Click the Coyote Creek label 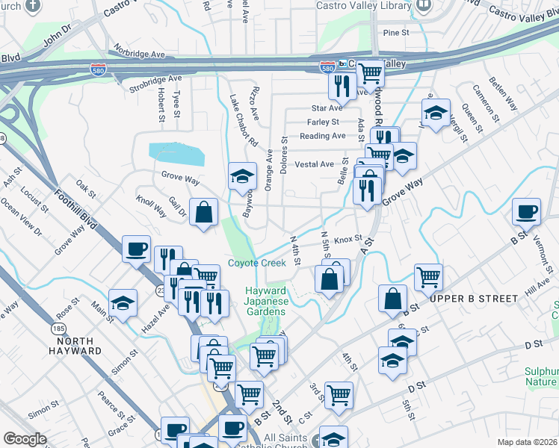(257, 263)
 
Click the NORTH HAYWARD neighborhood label (75, 345)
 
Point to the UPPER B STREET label (474, 298)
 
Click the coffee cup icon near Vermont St (526, 211)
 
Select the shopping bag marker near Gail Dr (203, 212)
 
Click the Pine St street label (396, 33)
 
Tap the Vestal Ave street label (315, 164)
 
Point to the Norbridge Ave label (140, 55)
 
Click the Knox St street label (348, 240)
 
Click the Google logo (25, 438)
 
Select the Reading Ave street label (322, 136)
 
